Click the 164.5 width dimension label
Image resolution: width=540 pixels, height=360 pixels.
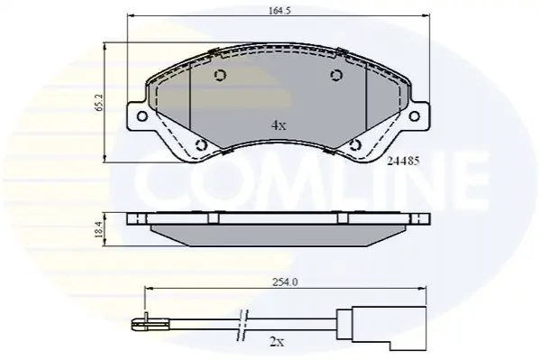coord(279,11)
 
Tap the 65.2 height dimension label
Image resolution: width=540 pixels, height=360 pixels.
coord(100,103)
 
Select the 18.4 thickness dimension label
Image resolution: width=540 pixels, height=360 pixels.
coord(99,229)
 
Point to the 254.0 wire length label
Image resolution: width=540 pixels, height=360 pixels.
coord(285,282)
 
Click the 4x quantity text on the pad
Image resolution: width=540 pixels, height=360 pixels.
coord(279,125)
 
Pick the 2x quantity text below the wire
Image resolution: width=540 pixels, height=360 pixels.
coord(277,343)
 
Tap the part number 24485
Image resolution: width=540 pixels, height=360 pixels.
coord(403,161)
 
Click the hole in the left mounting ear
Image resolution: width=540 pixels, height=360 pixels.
coord(142,115)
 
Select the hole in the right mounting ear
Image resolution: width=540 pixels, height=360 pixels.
coord(415,115)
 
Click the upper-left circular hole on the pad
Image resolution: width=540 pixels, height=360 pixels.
coord(220,75)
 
